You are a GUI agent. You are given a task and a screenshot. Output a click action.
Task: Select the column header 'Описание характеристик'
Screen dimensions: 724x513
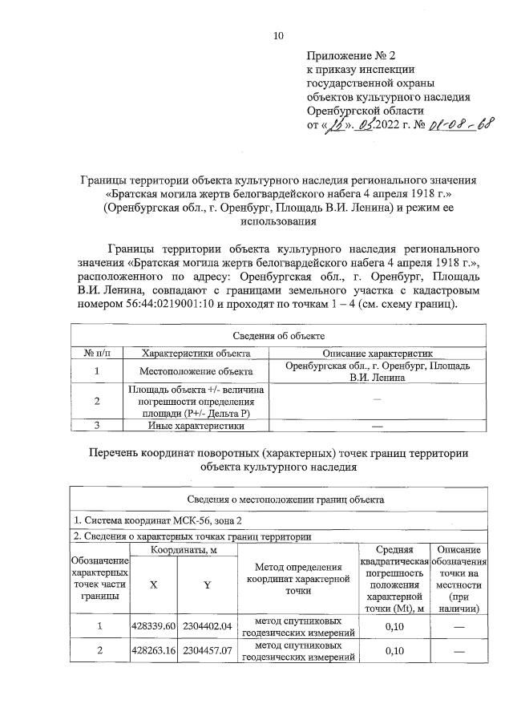click(378, 353)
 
